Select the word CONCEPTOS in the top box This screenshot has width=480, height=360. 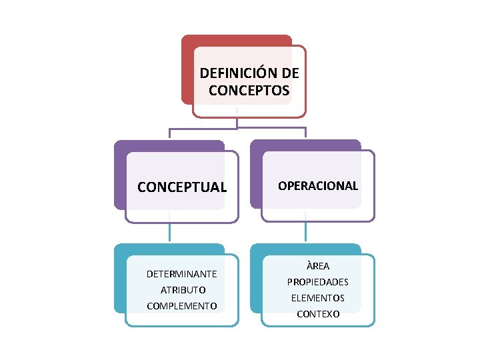(x=249, y=90)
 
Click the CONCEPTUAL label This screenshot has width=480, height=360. (x=182, y=187)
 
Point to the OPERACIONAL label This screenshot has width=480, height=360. (x=318, y=186)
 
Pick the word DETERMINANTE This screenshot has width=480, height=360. (x=182, y=274)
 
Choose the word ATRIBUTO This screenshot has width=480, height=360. (x=183, y=290)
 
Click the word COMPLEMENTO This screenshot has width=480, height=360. (x=182, y=306)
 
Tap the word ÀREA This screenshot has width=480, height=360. (x=318, y=266)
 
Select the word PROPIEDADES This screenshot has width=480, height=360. (x=318, y=282)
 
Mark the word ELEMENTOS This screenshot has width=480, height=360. (x=318, y=298)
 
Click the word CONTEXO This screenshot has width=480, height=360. (x=318, y=314)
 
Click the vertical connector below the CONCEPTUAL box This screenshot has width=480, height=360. (x=169, y=231)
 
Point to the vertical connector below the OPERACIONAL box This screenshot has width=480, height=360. (x=306, y=231)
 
